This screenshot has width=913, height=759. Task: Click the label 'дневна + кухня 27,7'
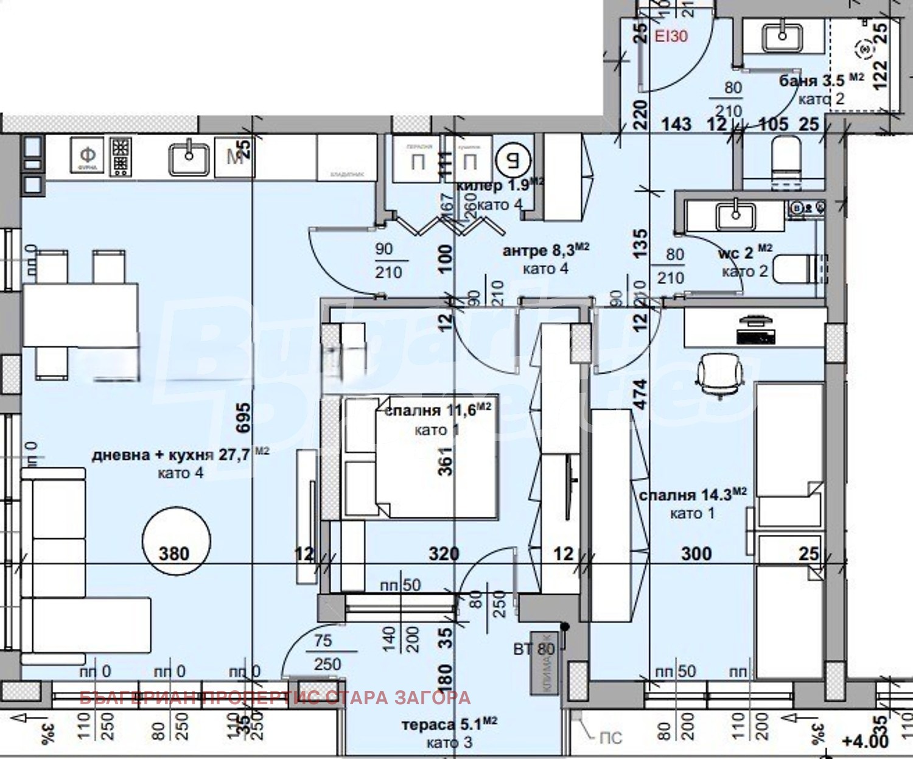tap(171, 455)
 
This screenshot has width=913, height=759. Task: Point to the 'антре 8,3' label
tap(539, 250)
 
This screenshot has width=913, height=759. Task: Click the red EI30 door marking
tap(671, 36)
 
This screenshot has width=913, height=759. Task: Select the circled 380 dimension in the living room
tap(175, 540)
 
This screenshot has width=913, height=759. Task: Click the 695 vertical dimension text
tap(243, 418)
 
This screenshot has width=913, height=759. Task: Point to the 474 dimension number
tap(641, 393)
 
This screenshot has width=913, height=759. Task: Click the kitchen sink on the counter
tap(189, 157)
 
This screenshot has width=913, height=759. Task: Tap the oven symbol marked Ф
tap(88, 156)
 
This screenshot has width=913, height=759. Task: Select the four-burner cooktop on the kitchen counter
tap(121, 156)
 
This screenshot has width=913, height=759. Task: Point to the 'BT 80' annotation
tap(534, 649)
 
